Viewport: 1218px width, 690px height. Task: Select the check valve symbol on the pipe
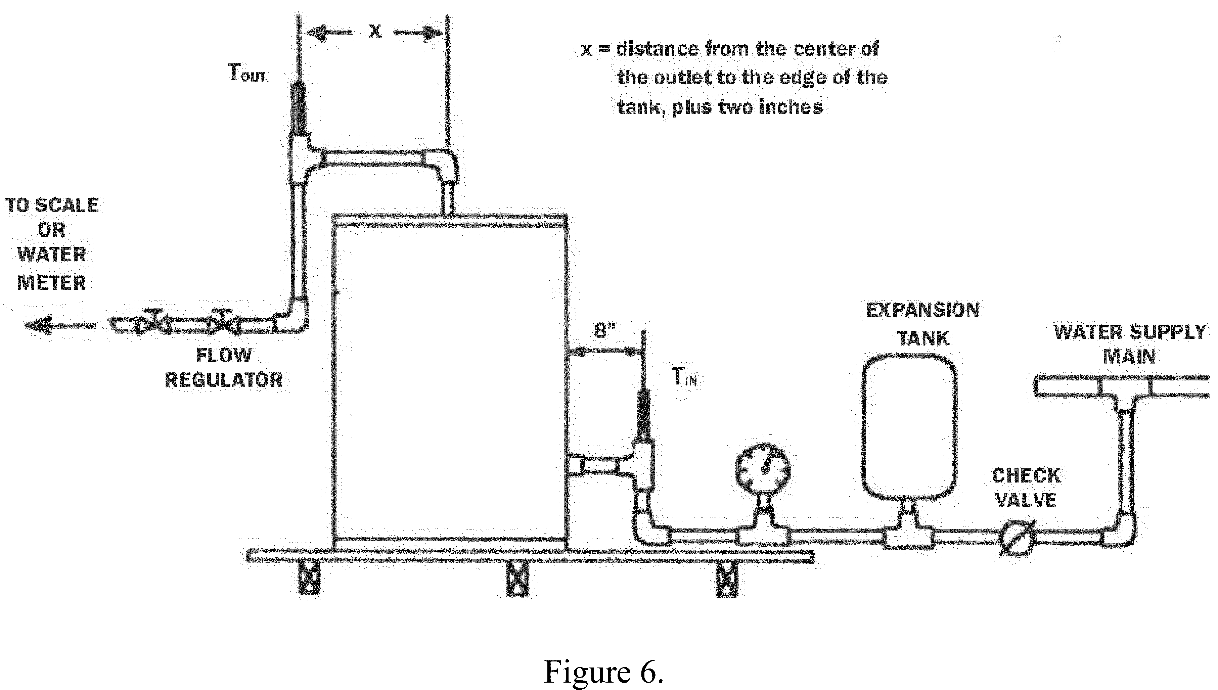(x=1017, y=538)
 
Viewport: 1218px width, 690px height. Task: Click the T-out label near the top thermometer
(x=246, y=74)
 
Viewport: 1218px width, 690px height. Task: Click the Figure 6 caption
(x=603, y=672)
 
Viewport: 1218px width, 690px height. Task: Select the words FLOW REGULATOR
(x=224, y=367)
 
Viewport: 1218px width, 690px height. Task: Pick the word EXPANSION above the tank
(x=922, y=310)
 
